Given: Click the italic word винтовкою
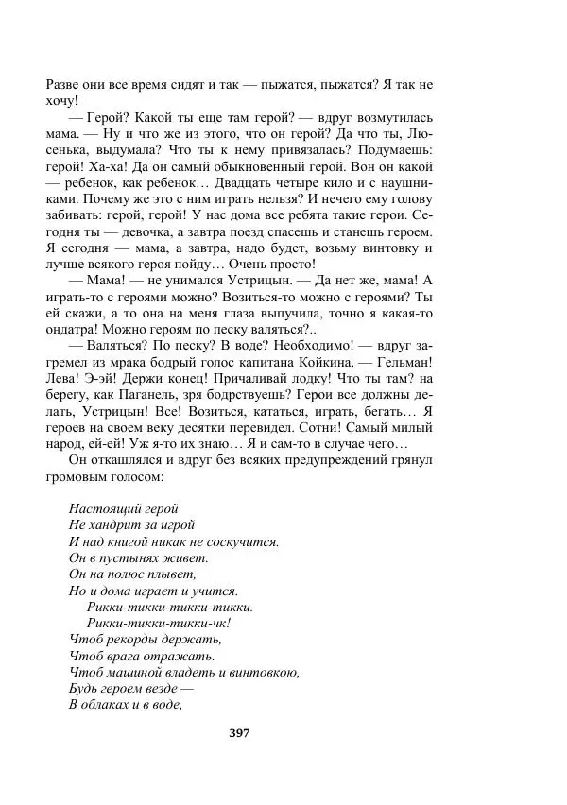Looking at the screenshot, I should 265,673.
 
